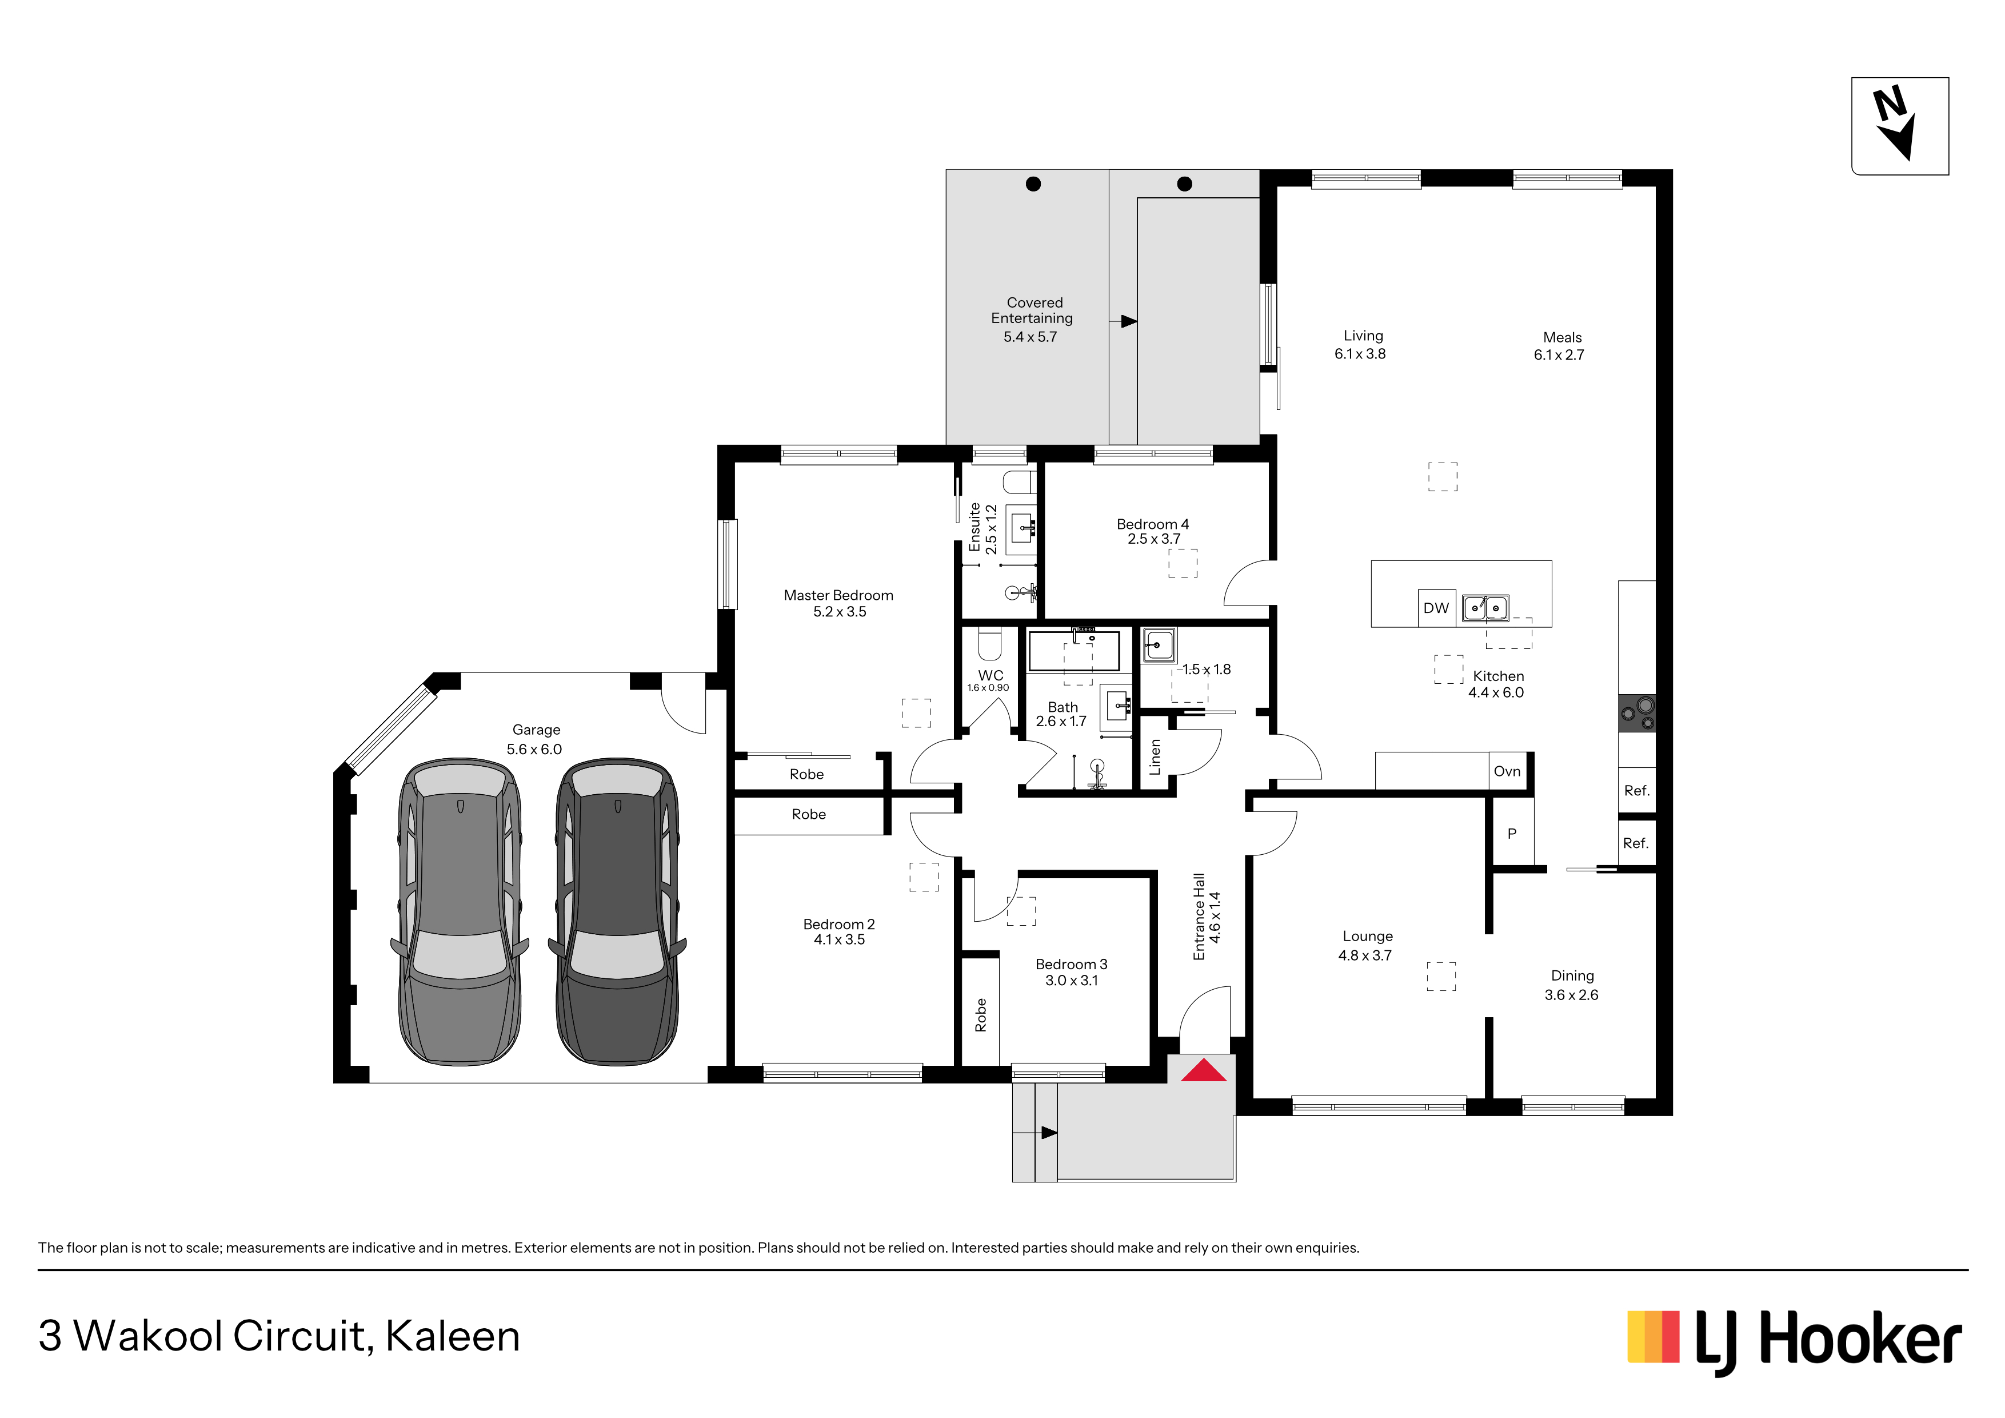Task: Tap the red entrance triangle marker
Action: point(1203,1070)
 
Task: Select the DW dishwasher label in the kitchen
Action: point(1436,608)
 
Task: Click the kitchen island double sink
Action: point(1485,607)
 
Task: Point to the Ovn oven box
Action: point(1507,771)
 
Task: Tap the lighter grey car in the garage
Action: point(460,911)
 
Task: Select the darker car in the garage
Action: point(617,911)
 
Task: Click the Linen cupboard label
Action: point(1155,756)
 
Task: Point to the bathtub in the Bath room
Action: point(1073,650)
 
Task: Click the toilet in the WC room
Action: point(989,643)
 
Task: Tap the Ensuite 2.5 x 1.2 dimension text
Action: point(991,529)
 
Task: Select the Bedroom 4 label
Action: point(1153,524)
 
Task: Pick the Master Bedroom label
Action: point(838,595)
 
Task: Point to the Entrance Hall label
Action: point(1199,917)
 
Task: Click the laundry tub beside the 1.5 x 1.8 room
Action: point(1159,646)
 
